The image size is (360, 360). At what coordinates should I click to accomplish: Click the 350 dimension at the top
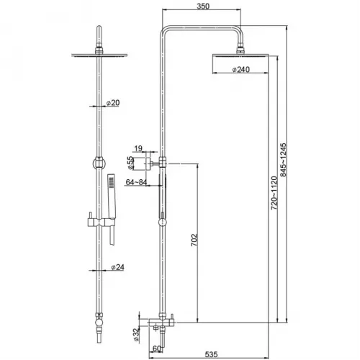click(x=203, y=6)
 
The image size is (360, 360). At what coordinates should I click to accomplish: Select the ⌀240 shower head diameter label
click(x=241, y=70)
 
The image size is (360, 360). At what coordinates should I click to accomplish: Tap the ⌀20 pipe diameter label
click(x=113, y=103)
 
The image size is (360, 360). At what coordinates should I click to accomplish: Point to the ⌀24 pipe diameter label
click(x=117, y=267)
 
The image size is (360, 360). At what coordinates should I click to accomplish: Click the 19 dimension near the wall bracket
click(x=138, y=148)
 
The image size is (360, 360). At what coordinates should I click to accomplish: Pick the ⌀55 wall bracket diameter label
click(x=130, y=163)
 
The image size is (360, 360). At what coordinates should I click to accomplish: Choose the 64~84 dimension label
click(x=136, y=182)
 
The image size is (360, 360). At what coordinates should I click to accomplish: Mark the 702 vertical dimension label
click(x=194, y=240)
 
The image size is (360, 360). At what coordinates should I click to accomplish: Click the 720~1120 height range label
click(x=274, y=193)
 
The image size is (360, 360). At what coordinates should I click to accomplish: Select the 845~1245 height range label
click(x=284, y=160)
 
